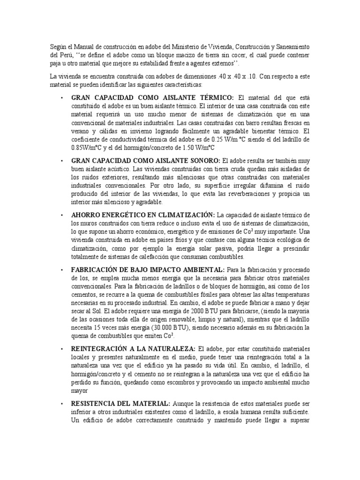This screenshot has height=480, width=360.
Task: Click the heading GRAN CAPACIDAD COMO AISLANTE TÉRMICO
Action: click(152, 97)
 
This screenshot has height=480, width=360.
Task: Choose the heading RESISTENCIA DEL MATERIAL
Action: click(121, 403)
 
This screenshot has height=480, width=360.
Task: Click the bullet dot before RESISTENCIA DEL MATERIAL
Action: click(62, 403)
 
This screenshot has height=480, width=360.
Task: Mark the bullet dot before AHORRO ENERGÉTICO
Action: click(62, 215)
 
